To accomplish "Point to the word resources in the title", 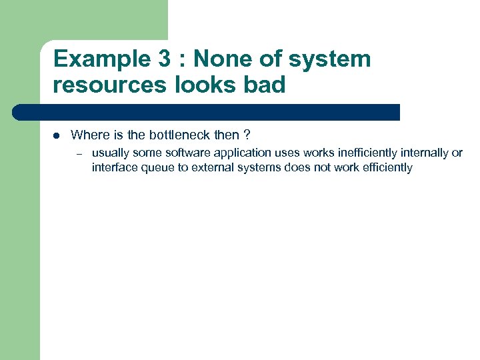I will coord(107,85).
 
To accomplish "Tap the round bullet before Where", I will coord(57,135).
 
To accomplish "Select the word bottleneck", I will coord(179,135).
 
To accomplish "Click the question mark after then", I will coord(247,135).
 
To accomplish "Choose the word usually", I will coord(111,153).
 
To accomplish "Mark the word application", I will coord(241,153).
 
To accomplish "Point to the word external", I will coord(211,167).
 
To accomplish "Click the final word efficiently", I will coord(387,167).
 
